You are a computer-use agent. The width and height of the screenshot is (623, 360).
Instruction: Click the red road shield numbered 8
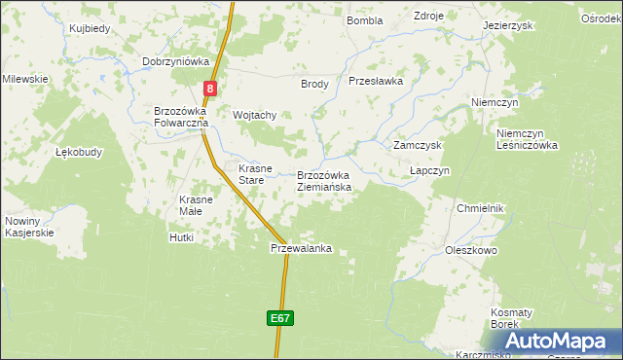(209, 89)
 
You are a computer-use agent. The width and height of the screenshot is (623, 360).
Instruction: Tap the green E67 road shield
(279, 318)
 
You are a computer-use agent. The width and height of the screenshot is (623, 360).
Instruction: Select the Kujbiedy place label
(90, 28)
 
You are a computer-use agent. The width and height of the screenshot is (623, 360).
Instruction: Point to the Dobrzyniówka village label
(176, 61)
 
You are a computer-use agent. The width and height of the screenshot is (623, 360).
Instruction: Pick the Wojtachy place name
(255, 115)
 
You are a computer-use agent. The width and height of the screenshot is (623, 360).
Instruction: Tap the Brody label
(314, 84)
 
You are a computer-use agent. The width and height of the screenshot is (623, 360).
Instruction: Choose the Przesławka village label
(375, 82)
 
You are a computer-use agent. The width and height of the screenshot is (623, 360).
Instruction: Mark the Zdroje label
(428, 17)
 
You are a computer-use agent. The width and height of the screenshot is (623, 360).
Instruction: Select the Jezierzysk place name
(507, 25)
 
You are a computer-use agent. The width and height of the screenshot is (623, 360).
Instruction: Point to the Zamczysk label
(418, 145)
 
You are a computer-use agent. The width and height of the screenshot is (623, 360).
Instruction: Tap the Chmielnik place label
(480, 208)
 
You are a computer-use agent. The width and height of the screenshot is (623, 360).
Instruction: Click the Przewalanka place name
(301, 248)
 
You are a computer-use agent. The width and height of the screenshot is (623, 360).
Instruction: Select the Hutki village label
(182, 236)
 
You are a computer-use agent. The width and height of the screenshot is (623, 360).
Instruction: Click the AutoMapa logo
(560, 341)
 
